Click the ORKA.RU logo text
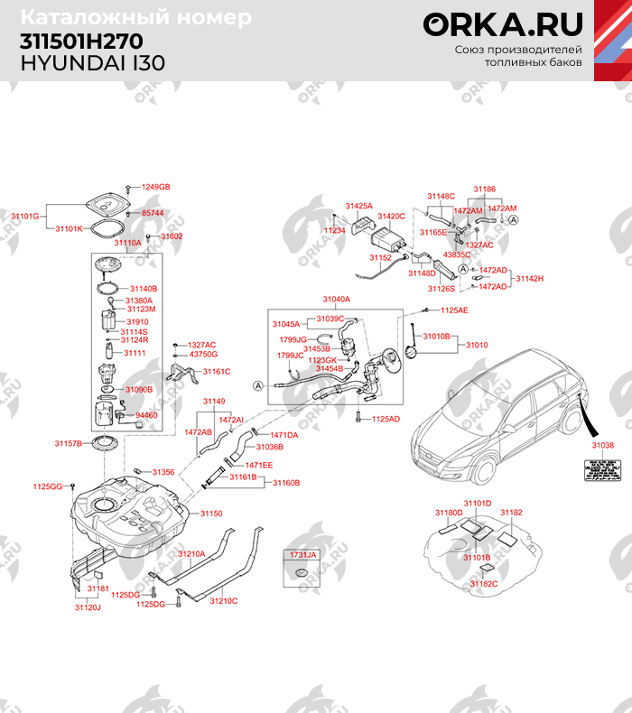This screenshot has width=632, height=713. point(504,24)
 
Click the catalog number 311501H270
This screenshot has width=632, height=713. point(80,43)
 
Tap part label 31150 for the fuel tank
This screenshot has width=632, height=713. point(210,513)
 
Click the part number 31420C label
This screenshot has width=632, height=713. point(391,217)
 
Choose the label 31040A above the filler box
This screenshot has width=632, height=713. point(336,299)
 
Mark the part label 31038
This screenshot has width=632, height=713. point(602,444)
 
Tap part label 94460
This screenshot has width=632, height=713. point(145,415)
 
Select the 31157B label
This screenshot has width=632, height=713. point(68,443)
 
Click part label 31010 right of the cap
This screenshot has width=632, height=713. point(477,345)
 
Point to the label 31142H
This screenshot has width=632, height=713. point(529,279)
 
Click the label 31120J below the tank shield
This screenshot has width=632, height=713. point(88,607)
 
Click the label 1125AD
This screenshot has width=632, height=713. point(386,419)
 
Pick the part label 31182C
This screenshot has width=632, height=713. point(484,584)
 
